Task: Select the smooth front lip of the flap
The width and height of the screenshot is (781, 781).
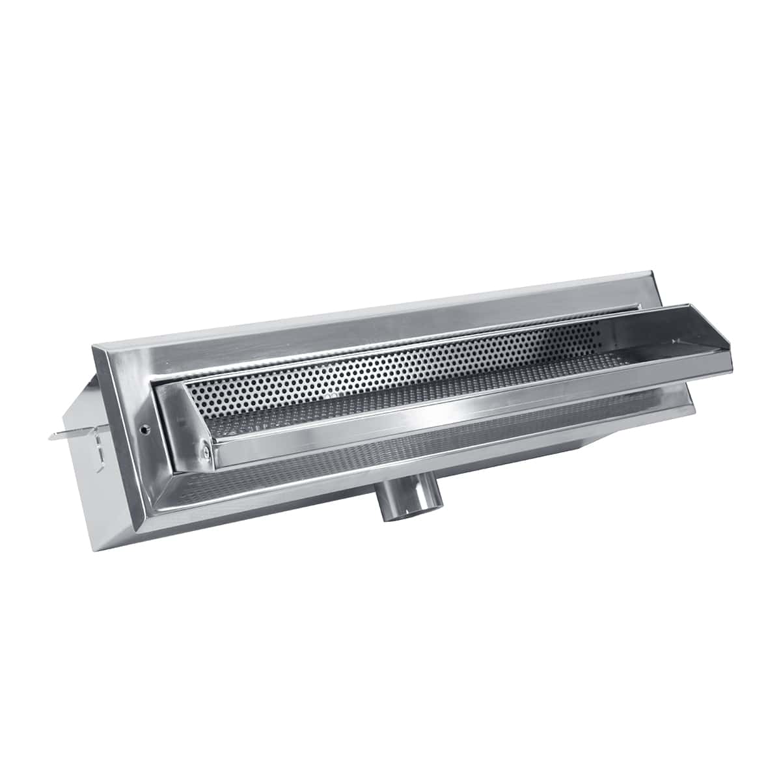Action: pos(456,417)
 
